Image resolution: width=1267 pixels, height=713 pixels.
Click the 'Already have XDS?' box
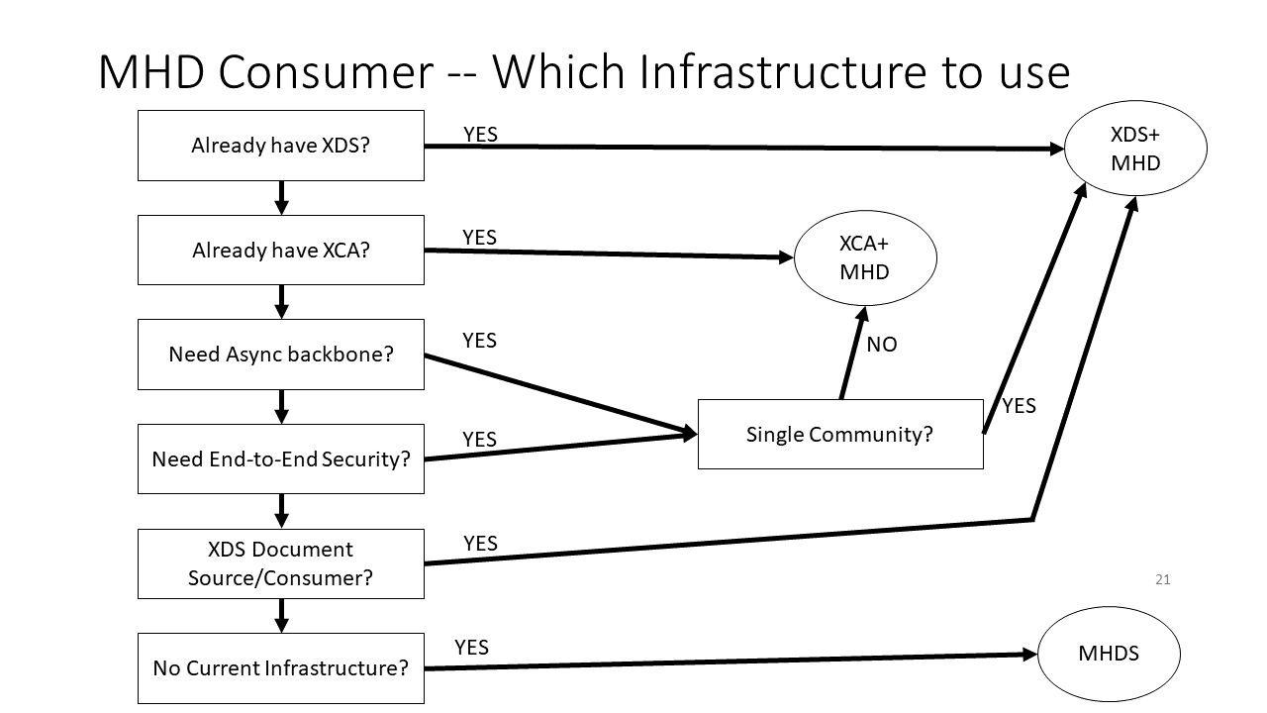280,146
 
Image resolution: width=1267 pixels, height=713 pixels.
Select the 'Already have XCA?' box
280,250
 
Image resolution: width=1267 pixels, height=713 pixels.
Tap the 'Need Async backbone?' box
280,354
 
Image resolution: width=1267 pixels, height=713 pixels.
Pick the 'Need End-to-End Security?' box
280,458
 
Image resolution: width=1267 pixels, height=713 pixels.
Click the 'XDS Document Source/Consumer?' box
280,563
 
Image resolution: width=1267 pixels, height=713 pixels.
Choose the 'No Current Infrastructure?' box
280,667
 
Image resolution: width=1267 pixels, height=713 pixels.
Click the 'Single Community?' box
839,434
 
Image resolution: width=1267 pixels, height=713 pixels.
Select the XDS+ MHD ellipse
1134,149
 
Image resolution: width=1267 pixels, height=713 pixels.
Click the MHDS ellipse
1108,654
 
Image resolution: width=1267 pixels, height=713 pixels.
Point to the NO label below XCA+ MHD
881,346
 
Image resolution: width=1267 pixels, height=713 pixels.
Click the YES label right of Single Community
1019,406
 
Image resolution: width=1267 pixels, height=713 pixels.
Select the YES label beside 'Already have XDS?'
480,134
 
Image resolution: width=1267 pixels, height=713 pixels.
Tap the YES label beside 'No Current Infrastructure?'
471,647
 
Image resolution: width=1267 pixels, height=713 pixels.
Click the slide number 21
1162,579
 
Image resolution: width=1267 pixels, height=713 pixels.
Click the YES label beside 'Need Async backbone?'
479,341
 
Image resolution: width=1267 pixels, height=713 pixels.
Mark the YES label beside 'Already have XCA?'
479,237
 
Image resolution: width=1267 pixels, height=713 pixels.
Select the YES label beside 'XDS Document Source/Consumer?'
480,543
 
